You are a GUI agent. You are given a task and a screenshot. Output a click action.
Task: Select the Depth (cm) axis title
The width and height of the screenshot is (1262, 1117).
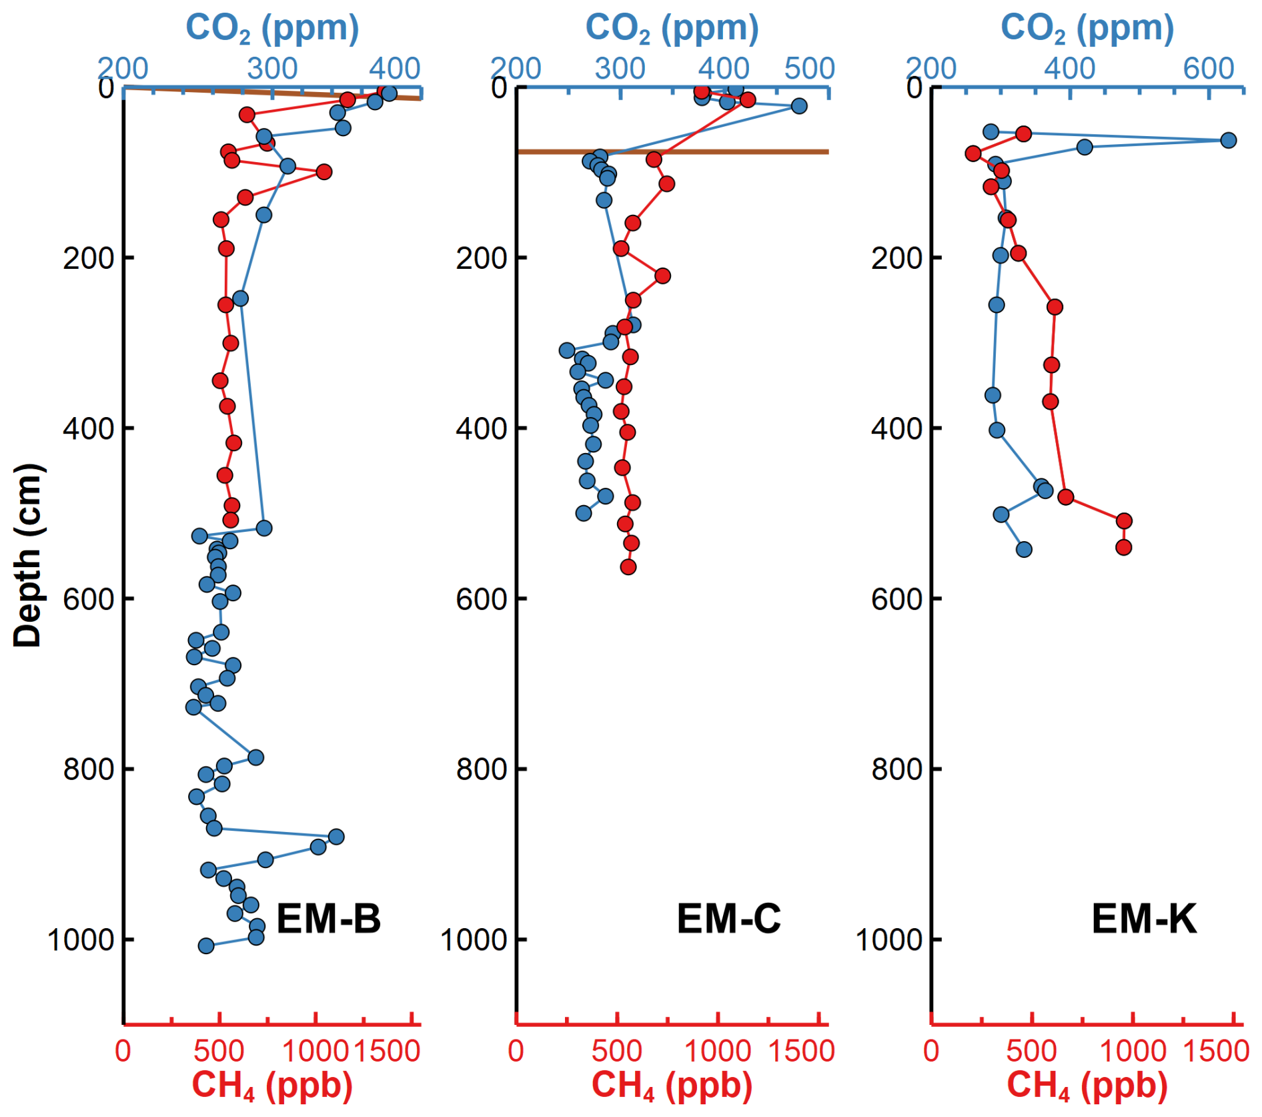[x=28, y=555]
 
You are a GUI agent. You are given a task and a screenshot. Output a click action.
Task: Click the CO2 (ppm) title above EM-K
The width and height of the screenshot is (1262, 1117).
[x=1087, y=29]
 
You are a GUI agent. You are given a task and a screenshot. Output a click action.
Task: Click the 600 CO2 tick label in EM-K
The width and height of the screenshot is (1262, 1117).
[x=1209, y=68]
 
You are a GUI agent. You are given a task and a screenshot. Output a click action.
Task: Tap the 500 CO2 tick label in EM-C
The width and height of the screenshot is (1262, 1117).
[x=809, y=68]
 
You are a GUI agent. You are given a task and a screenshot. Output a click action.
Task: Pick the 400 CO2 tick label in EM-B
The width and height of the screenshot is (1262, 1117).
[x=395, y=68]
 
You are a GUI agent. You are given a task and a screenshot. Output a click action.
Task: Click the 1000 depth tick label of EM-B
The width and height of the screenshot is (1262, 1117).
[x=81, y=940]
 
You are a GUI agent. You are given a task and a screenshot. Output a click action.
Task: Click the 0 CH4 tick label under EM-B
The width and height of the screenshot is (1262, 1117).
[x=123, y=1051]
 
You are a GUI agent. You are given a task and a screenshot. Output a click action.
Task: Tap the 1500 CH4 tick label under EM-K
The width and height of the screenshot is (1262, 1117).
[x=1215, y=1051]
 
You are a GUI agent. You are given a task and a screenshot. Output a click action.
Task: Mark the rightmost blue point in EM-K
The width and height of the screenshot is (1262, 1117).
[x=1228, y=140]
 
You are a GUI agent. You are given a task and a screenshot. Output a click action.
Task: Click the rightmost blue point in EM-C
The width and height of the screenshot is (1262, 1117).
[x=798, y=106]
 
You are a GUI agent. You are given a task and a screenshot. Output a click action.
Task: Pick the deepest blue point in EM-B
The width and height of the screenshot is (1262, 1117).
[x=206, y=946]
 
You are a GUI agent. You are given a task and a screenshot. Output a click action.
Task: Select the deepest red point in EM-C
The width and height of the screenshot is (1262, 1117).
[x=628, y=567]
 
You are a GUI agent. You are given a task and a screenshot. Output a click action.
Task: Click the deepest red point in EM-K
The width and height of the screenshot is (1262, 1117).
[x=1123, y=547]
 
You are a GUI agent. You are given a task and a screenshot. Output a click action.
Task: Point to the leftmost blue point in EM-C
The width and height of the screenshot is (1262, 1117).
[x=566, y=350]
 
